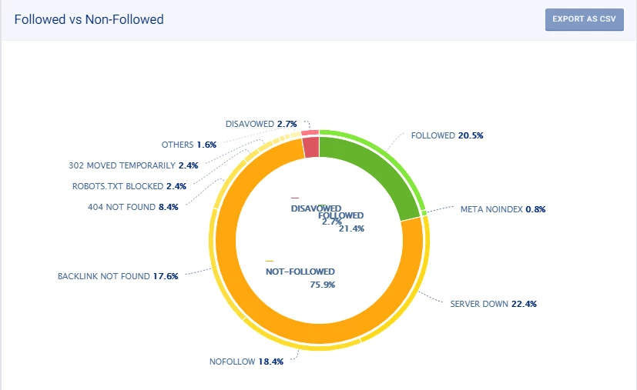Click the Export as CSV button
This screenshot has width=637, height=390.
click(x=584, y=19)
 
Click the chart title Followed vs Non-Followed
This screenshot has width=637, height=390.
click(x=89, y=19)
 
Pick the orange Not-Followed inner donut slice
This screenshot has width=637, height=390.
click(x=254, y=308)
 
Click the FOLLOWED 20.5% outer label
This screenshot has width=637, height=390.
click(x=448, y=135)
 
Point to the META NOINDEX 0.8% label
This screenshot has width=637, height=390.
click(x=503, y=209)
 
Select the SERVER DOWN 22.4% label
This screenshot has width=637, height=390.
click(x=493, y=304)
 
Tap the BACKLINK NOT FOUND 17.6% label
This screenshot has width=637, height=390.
click(x=118, y=276)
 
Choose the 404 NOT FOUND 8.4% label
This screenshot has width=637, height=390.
click(x=133, y=207)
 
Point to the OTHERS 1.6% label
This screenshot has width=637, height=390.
click(x=189, y=145)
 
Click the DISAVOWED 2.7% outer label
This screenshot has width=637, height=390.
click(x=261, y=124)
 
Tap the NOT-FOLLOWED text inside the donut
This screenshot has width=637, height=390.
click(x=301, y=272)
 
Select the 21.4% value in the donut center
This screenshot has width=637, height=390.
click(x=351, y=228)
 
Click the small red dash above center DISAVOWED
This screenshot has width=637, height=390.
click(x=295, y=198)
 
